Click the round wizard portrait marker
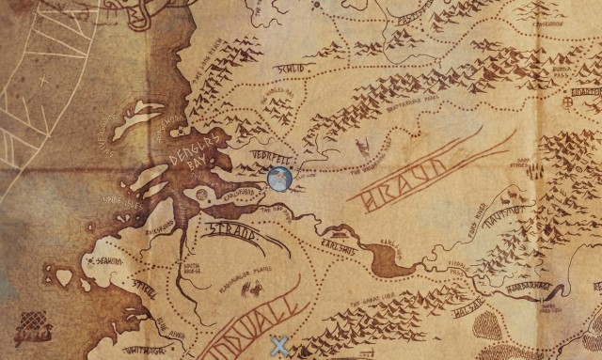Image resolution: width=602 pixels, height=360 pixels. point(279,177)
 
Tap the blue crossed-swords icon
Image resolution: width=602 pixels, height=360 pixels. point(278,347)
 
